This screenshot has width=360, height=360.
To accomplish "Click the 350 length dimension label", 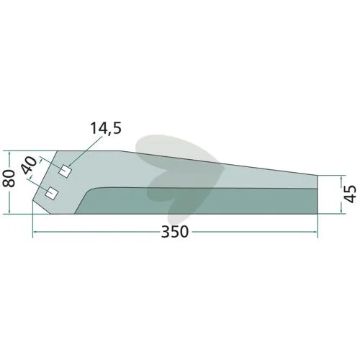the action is pos(175,232).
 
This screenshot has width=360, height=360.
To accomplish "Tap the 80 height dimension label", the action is pos(9,178).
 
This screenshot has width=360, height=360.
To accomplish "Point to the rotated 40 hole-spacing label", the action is pos(30,166).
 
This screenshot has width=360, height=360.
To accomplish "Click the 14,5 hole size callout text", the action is pos(106,128).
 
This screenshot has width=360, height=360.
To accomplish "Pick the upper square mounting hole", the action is pos(65,171).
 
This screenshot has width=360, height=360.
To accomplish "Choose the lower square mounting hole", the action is pos(52,192).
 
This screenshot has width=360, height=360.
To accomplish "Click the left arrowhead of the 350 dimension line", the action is pos(35,232).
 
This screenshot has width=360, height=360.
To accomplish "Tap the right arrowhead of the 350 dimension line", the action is pos(315,232).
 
